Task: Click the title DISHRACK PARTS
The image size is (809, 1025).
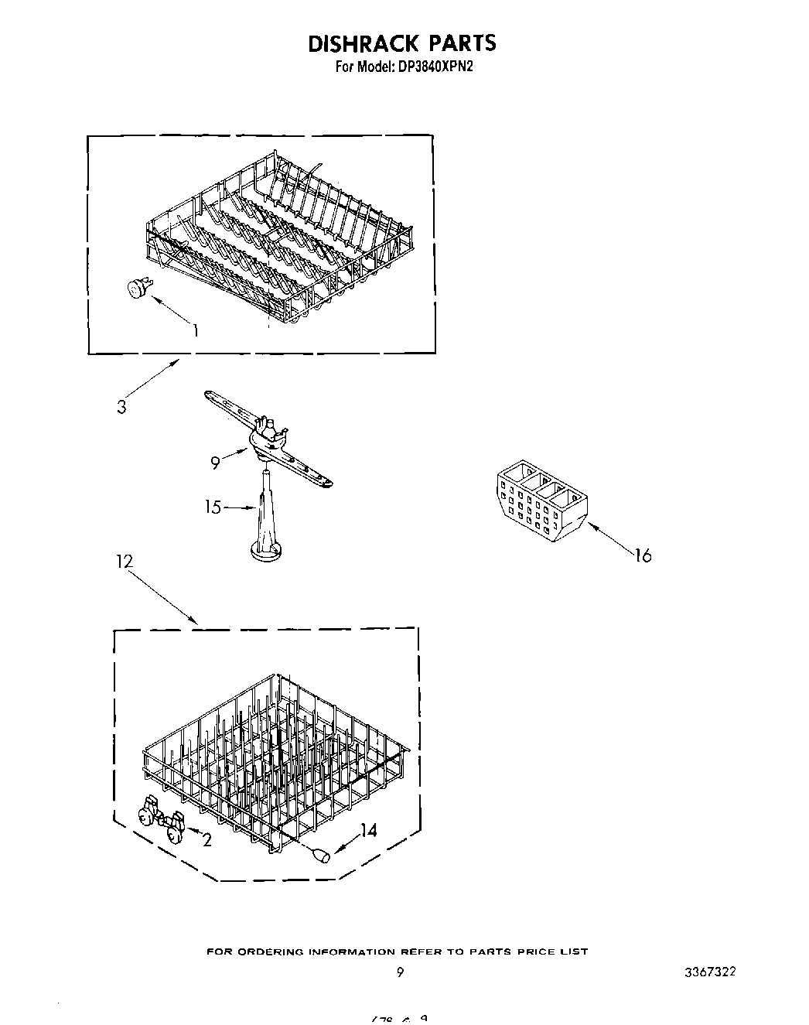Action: (401, 43)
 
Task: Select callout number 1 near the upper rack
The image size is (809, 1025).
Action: (195, 331)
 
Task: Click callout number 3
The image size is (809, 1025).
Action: (121, 407)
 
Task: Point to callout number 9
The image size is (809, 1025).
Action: (215, 462)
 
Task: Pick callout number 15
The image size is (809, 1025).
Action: (212, 507)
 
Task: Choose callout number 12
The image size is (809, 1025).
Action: (124, 562)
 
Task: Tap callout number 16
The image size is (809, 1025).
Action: (642, 555)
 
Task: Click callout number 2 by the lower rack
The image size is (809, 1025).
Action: (207, 839)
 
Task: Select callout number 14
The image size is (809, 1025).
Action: (368, 830)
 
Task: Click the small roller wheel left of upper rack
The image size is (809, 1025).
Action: (137, 289)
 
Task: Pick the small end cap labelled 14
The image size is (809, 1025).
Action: (319, 854)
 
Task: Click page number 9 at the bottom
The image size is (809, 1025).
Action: (399, 973)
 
